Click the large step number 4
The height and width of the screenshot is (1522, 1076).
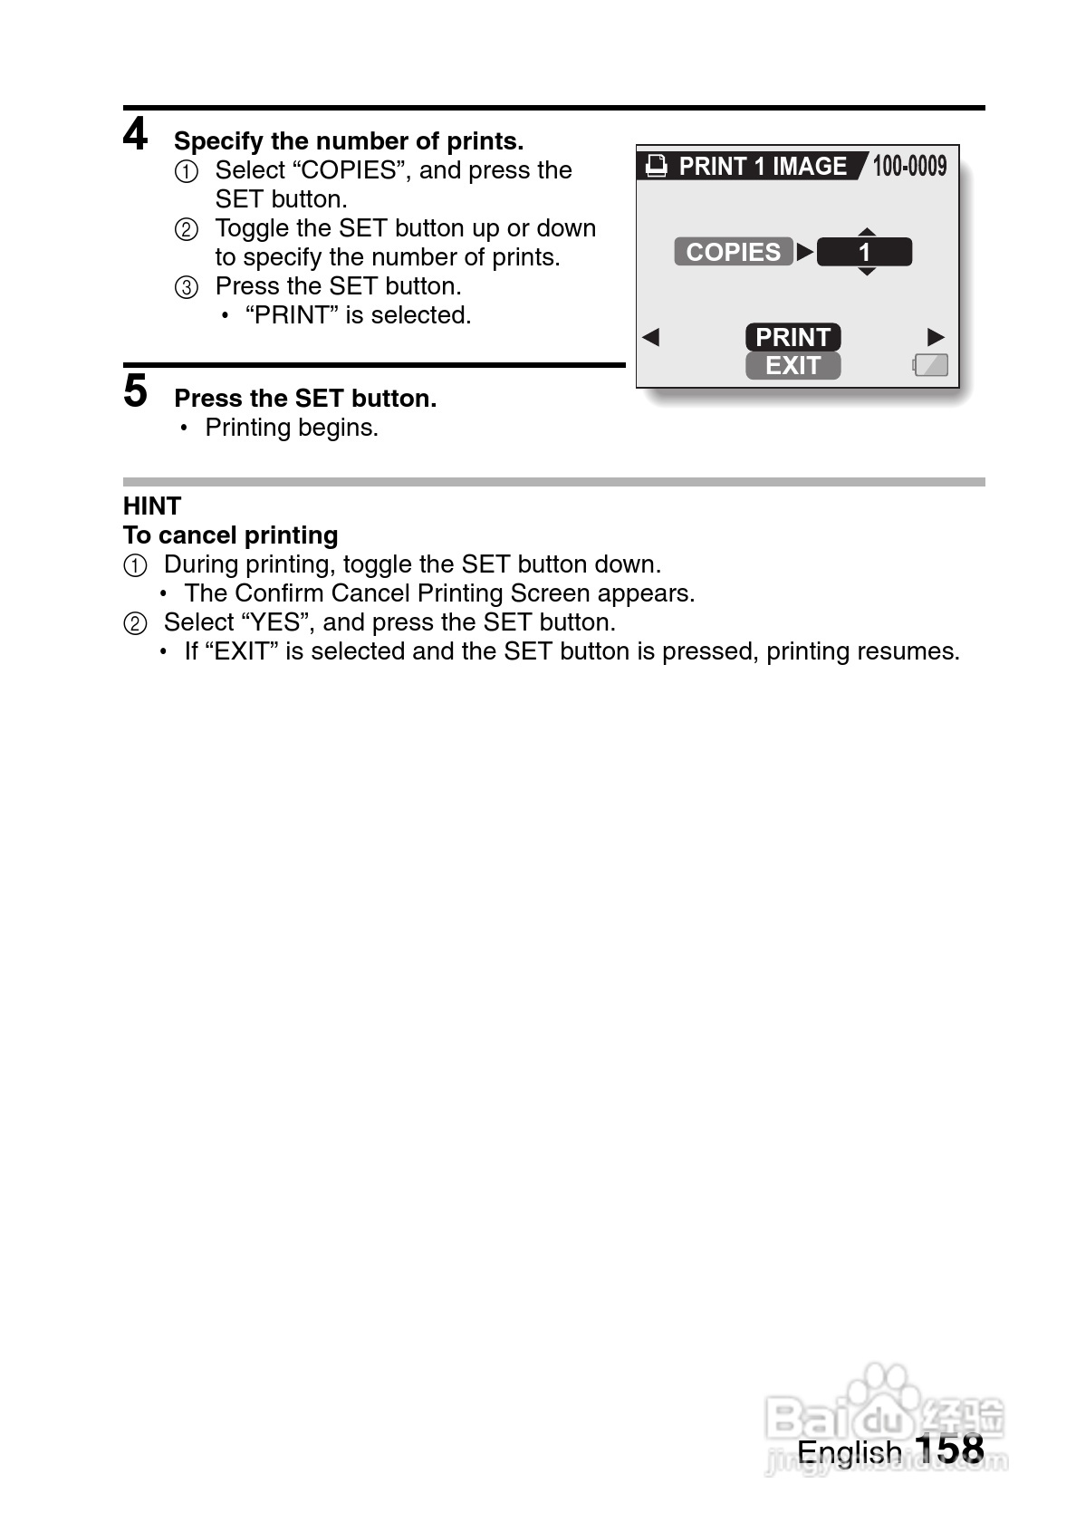click(135, 135)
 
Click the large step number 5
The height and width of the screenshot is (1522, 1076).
click(135, 391)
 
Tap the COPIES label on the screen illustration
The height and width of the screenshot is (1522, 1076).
click(733, 252)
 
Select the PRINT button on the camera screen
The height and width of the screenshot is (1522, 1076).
click(793, 337)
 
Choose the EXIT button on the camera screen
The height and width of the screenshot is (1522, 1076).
click(793, 365)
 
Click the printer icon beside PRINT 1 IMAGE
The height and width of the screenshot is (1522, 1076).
click(657, 166)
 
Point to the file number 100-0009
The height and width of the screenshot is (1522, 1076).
click(909, 166)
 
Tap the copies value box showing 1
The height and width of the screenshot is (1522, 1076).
click(864, 252)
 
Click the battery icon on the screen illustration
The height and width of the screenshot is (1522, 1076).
click(930, 365)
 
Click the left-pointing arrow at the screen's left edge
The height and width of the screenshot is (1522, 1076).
click(650, 338)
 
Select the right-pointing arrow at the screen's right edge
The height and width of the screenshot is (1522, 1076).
click(936, 338)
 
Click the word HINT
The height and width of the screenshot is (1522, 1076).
click(152, 506)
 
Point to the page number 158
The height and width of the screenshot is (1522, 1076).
click(949, 1449)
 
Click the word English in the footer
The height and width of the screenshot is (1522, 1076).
click(849, 1451)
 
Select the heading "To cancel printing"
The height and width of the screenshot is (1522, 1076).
click(231, 535)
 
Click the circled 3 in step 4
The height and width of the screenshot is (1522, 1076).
click(186, 288)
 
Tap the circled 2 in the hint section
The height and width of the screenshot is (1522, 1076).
click(134, 623)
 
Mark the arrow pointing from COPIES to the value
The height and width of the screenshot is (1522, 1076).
click(804, 252)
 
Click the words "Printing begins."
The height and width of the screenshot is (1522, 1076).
click(292, 428)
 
